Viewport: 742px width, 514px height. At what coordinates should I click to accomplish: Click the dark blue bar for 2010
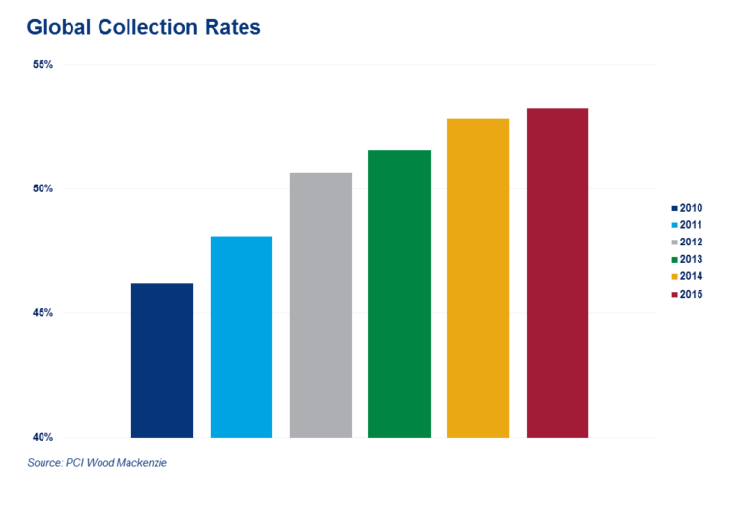[161, 359]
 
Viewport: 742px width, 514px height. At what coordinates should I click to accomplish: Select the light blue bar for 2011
[241, 336]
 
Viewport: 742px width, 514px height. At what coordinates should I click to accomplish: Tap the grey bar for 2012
[320, 304]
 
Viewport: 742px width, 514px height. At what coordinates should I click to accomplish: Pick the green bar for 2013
[399, 293]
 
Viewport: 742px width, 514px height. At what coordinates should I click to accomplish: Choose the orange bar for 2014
[478, 277]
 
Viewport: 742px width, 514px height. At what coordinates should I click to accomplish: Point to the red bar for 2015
[557, 272]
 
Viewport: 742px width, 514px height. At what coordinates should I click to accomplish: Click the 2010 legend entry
[690, 207]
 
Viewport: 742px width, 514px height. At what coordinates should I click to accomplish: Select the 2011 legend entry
[690, 224]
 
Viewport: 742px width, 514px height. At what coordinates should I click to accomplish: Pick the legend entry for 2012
[690, 242]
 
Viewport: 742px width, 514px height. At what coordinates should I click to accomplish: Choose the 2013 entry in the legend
[690, 259]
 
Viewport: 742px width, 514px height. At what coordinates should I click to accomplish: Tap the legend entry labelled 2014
[690, 276]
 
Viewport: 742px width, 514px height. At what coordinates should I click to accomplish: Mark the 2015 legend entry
[690, 294]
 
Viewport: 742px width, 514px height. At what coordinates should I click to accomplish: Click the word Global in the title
[58, 28]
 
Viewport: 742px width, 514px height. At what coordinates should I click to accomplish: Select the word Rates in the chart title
[229, 28]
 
